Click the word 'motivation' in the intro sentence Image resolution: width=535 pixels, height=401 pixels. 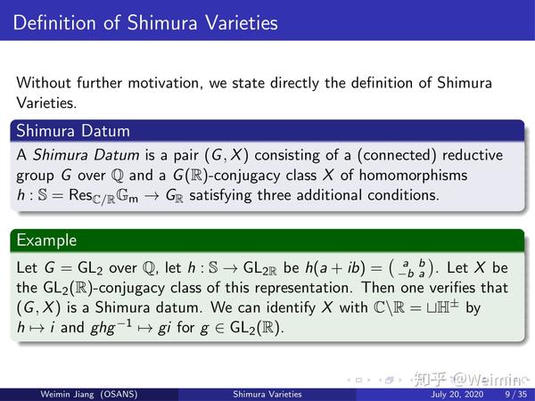click(x=169, y=83)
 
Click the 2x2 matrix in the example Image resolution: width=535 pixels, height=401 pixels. click(x=412, y=268)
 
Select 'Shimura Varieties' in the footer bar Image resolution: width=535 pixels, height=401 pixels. click(x=267, y=393)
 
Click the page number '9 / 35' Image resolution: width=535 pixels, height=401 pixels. click(x=514, y=393)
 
